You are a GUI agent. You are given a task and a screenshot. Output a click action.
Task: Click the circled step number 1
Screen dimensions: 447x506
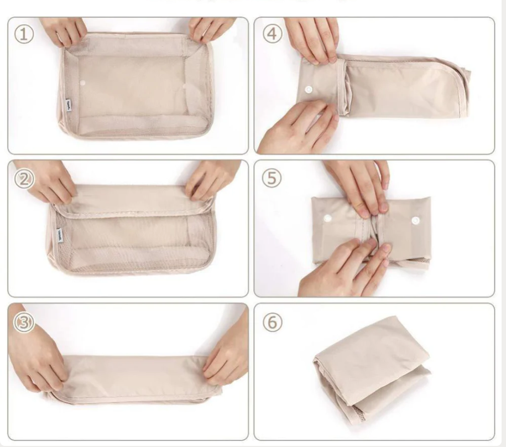click(x=24, y=34)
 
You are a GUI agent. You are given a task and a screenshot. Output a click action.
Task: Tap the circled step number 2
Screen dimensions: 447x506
click(x=24, y=179)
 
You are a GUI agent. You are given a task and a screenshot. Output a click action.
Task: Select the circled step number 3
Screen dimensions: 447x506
click(x=24, y=322)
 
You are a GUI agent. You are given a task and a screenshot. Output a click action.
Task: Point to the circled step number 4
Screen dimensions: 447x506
click(x=272, y=34)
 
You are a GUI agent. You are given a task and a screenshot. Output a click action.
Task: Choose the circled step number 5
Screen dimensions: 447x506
click(x=272, y=178)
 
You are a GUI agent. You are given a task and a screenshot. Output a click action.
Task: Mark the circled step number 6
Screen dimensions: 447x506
click(x=272, y=322)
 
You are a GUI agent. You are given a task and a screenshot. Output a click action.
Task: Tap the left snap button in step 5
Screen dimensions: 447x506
click(x=327, y=218)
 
